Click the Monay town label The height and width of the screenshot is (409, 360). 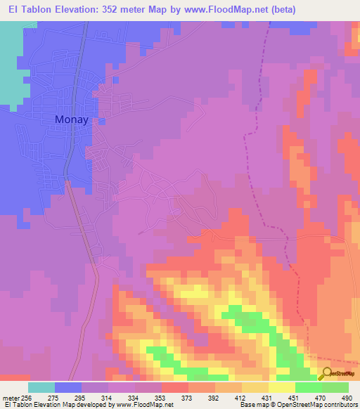72,119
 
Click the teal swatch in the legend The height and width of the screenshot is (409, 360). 41,387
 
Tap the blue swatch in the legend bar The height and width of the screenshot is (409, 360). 68,387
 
